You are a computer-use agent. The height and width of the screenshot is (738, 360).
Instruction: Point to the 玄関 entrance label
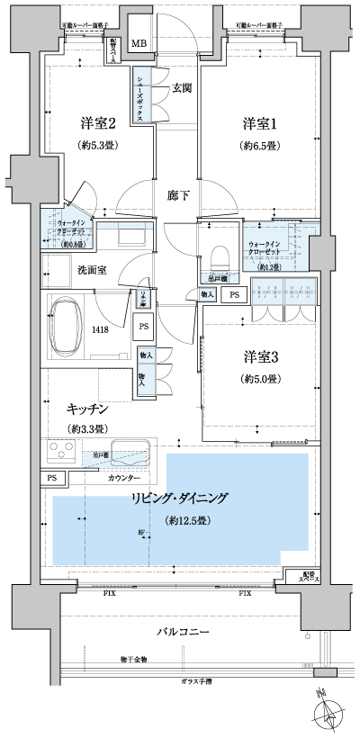click(183, 87)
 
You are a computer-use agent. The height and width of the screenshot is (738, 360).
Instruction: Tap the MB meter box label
click(141, 43)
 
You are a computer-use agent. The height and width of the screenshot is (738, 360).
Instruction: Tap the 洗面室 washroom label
click(92, 269)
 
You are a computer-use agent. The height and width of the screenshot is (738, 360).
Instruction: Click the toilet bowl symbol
click(218, 256)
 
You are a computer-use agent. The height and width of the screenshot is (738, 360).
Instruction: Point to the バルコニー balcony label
click(183, 632)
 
